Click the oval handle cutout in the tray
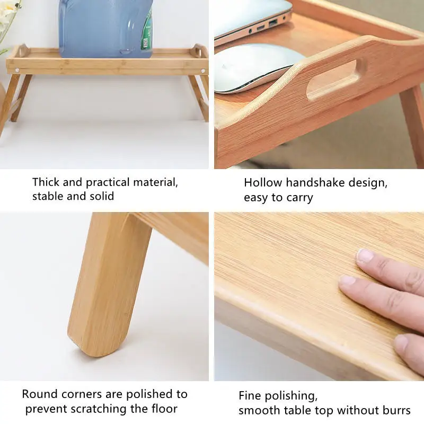pyautogui.click(x=332, y=79)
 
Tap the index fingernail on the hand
pyautogui.click(x=365, y=256)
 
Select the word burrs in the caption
pyautogui.click(x=396, y=410)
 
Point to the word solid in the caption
pyautogui.click(x=101, y=196)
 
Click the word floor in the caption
pyautogui.click(x=163, y=409)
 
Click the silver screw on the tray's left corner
pyautogui.click(x=17, y=69)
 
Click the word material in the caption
pyautogui.click(x=154, y=182)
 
